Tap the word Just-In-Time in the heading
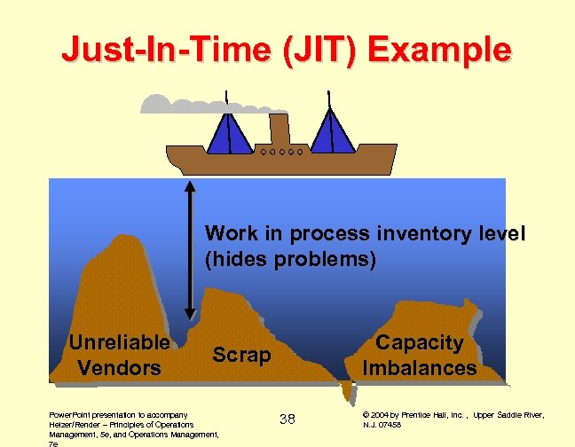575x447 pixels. coord(155,49)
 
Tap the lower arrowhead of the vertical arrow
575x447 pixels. coord(190,311)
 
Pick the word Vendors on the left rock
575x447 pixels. coord(119,367)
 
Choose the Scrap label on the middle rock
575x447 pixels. coord(241,355)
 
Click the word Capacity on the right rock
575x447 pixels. coord(420,342)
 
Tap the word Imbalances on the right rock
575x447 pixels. coord(420,367)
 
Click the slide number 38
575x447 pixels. coord(287,418)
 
